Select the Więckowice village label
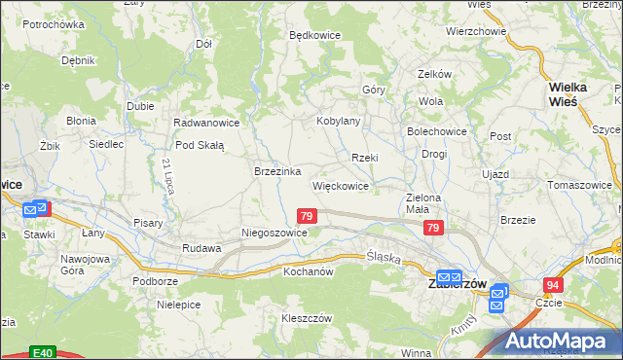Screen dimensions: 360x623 tap(340, 185)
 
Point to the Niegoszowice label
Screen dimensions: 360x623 tap(275, 234)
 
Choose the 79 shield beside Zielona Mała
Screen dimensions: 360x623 tap(434, 228)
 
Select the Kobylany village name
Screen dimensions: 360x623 tap(339, 122)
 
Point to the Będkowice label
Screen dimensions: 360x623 tap(314, 34)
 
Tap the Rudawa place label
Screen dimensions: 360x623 tap(202, 248)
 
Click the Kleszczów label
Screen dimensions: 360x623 tap(308, 319)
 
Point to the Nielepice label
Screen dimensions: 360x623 tap(178, 305)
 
